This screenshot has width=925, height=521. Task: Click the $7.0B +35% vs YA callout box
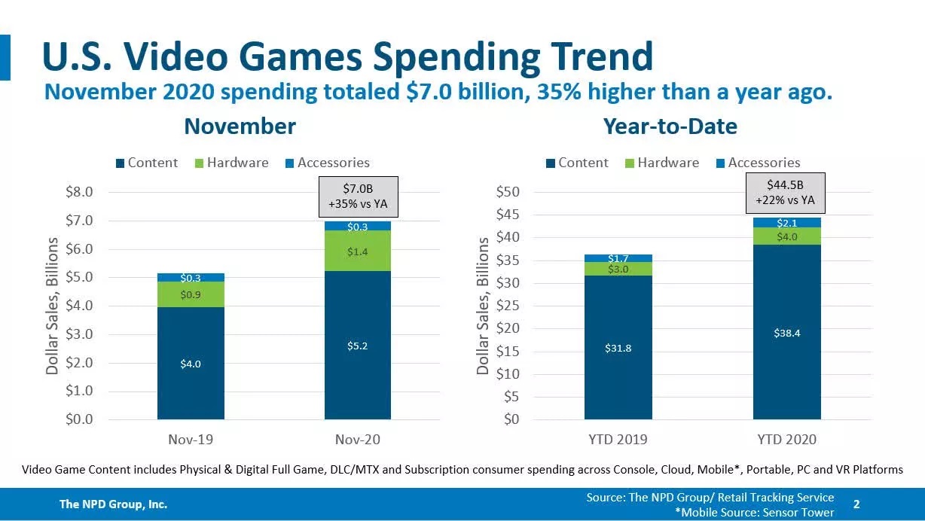click(x=358, y=196)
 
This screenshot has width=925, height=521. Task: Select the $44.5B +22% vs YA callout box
click(x=786, y=193)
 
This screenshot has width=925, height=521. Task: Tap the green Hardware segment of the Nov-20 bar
click(x=358, y=251)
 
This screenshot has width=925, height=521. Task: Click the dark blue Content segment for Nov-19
click(x=191, y=363)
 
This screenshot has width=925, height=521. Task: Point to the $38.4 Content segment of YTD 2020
click(x=786, y=333)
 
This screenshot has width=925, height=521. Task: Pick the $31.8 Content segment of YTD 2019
click(x=618, y=348)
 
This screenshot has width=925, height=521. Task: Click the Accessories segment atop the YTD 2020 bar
click(x=786, y=222)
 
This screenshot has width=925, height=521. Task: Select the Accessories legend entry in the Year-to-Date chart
click(x=764, y=163)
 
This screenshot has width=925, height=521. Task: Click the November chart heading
click(x=240, y=126)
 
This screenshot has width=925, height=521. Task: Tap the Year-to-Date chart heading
click(x=670, y=126)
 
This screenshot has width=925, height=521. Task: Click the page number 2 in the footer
click(x=856, y=503)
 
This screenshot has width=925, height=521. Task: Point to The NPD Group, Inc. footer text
click(x=113, y=504)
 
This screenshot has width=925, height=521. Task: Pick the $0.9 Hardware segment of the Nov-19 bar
click(x=191, y=294)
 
